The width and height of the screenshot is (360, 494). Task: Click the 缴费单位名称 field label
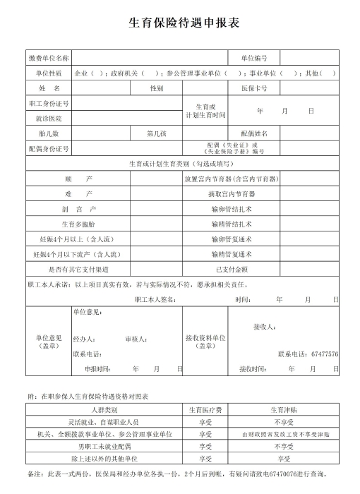[x=49, y=57]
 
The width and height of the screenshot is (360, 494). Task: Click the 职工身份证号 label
[x=49, y=104]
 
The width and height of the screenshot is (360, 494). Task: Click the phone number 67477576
[x=325, y=354]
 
